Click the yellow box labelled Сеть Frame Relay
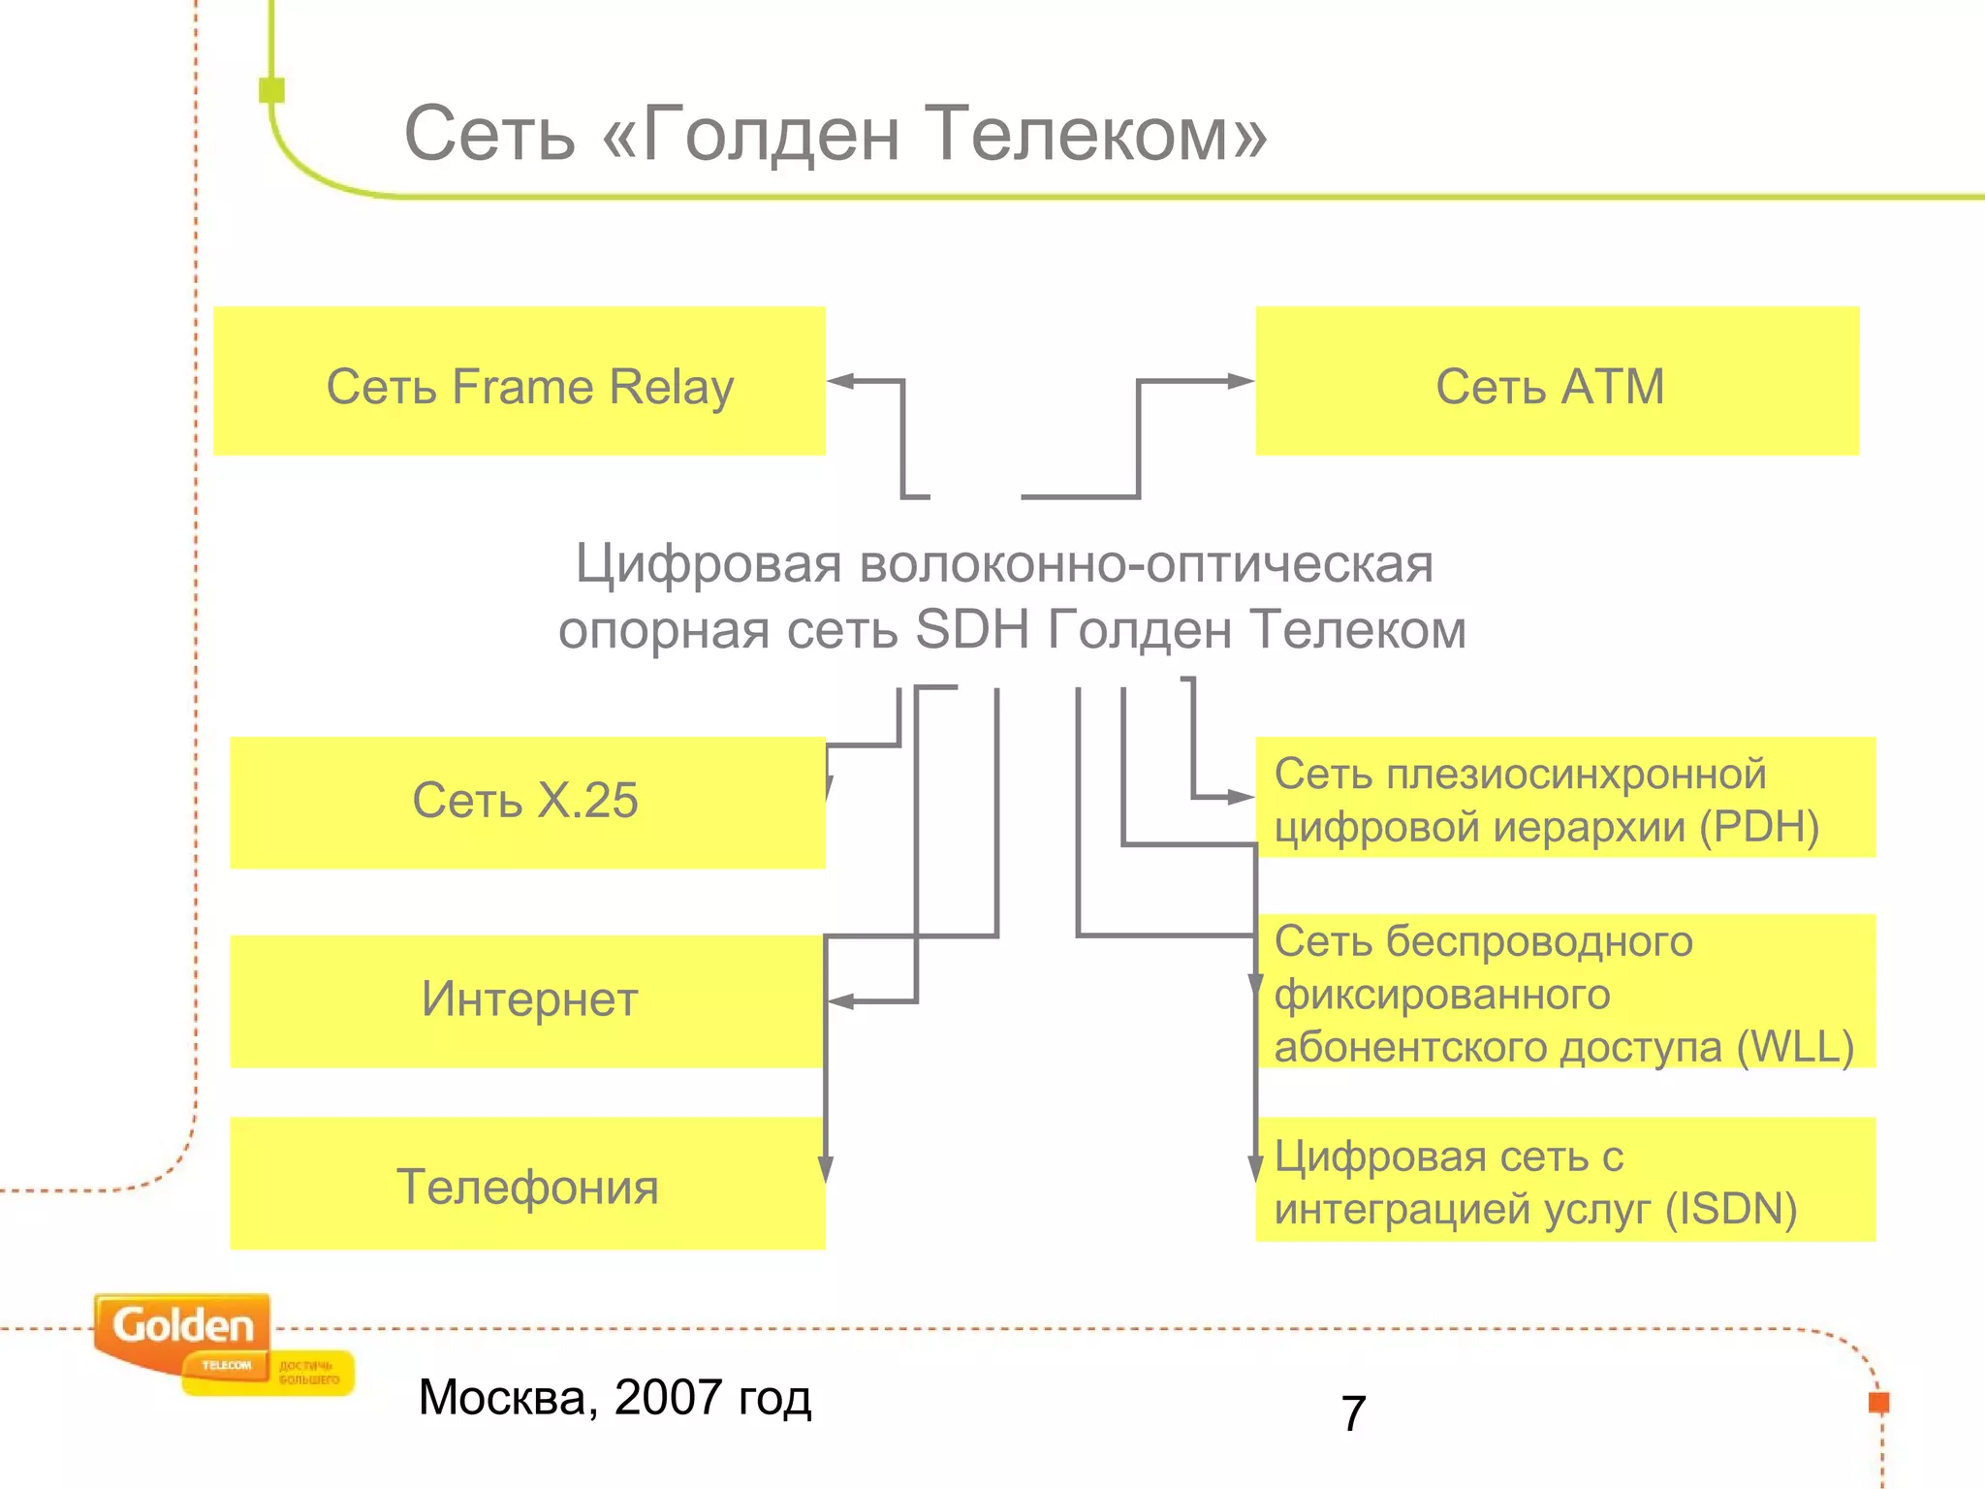[520, 382]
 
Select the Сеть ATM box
[1557, 382]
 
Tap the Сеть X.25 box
[526, 803]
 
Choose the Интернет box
[527, 1000]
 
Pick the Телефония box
[527, 1185]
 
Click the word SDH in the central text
[971, 630]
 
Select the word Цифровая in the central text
[709, 564]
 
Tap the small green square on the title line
[272, 90]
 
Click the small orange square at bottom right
[1878, 1402]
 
